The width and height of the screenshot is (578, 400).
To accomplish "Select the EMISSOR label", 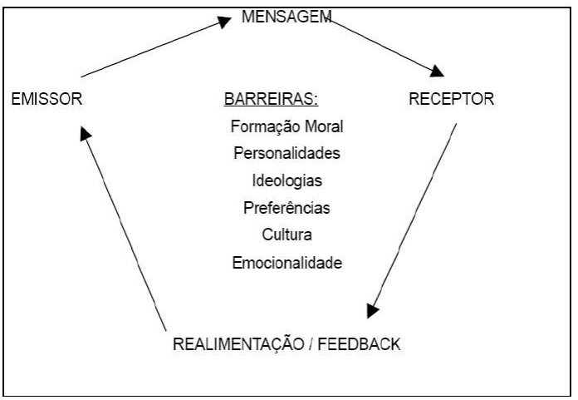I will coord(47,100).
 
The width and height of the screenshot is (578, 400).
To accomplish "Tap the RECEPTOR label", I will coord(452,100).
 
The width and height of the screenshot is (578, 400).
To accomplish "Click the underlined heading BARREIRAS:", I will coord(272,101).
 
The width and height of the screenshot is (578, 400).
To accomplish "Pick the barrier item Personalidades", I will coord(287,154).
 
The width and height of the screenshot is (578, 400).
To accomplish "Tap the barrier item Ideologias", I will coord(287,180).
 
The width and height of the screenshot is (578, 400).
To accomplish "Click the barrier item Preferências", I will coord(287,207).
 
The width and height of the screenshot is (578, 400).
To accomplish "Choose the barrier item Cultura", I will coord(287,234).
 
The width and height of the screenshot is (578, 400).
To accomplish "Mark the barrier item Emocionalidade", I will coord(287,261).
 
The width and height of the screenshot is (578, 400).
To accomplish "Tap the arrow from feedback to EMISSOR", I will coord(125,225).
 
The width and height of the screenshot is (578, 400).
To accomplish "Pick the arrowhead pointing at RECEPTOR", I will coord(436,70).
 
